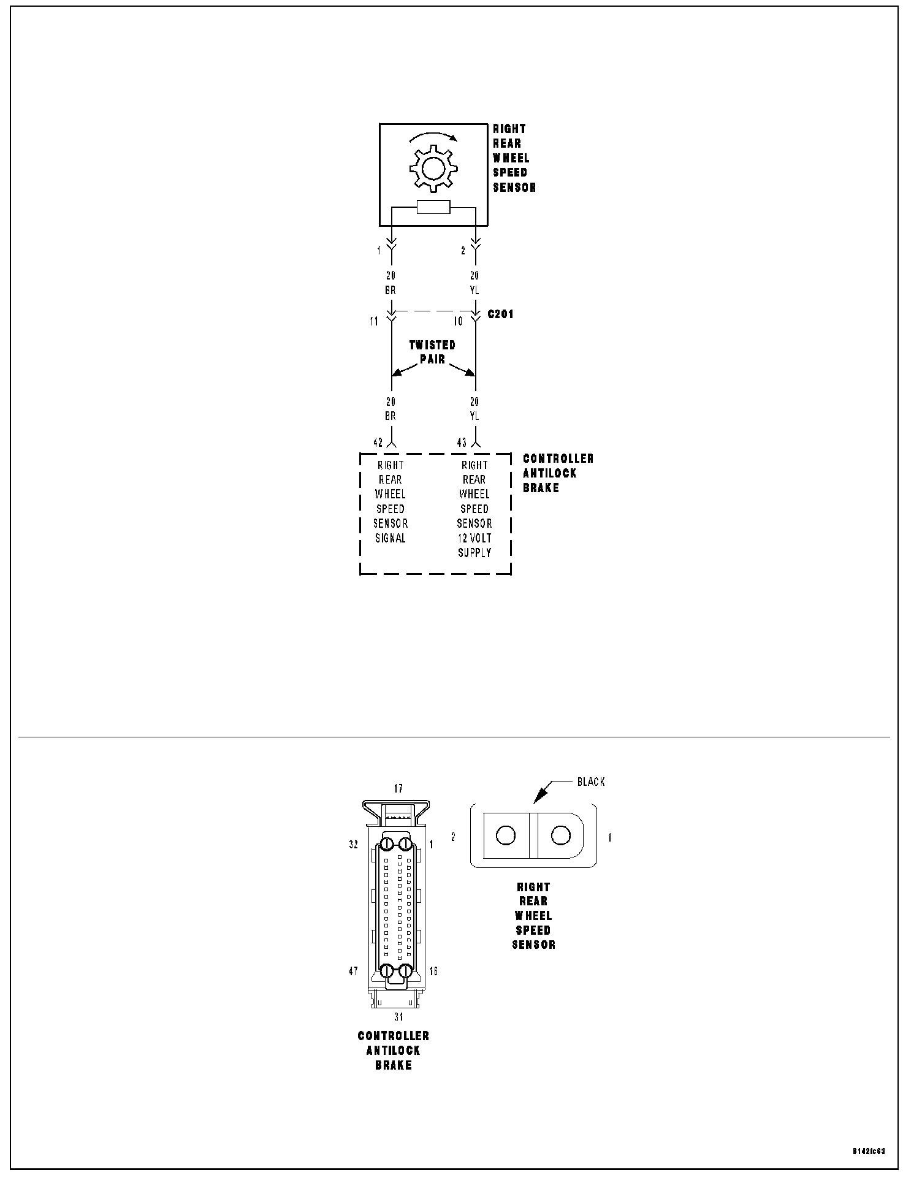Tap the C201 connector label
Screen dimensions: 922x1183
coord(501,314)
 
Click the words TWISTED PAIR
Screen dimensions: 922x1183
coord(433,352)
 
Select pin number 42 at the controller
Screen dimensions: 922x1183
coord(378,443)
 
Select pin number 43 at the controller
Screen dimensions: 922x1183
coord(462,443)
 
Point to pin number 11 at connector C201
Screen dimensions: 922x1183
coord(374,321)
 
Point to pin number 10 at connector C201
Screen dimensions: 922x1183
coord(458,321)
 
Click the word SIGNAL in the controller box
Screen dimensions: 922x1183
coord(391,538)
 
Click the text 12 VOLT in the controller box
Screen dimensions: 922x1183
coord(474,538)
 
